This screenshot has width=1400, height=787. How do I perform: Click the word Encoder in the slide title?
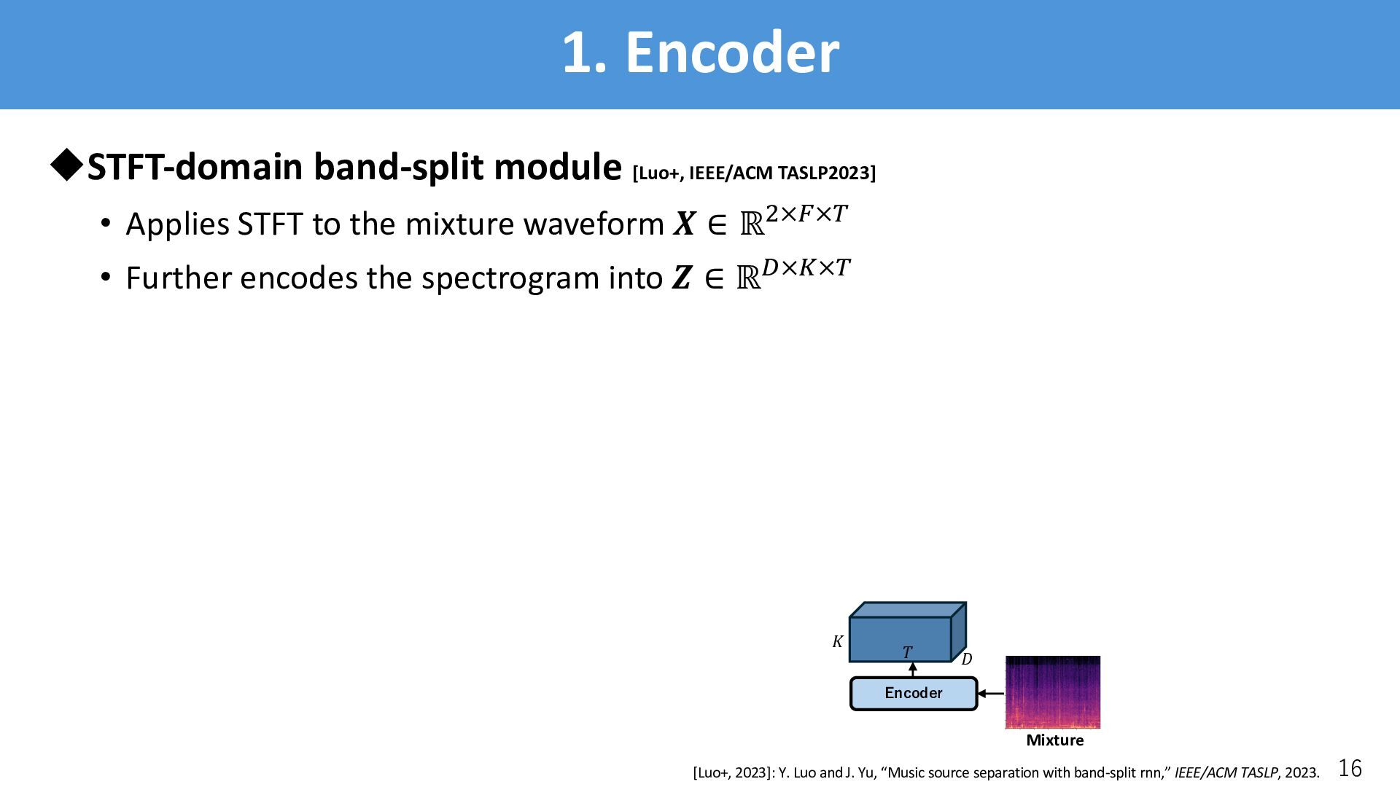point(732,52)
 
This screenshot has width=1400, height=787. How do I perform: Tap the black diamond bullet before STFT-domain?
point(66,165)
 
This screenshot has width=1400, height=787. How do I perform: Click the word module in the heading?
point(559,167)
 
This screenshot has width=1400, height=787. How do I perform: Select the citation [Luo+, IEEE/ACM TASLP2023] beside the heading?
point(754,173)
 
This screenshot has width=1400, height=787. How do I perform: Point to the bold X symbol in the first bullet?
point(684,224)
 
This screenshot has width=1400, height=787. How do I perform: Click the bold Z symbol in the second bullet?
point(681,279)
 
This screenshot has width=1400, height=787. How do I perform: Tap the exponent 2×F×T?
point(806,214)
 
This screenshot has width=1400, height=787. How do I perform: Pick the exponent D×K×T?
point(806,268)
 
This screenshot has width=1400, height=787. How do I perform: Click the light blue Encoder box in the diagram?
point(913,693)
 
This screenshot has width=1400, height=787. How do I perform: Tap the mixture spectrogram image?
point(1052,692)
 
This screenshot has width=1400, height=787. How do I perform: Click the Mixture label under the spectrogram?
point(1054,740)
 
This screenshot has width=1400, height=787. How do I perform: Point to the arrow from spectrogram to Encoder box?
point(991,694)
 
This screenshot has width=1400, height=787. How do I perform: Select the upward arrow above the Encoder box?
point(912,670)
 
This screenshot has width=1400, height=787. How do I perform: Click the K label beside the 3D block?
point(838,642)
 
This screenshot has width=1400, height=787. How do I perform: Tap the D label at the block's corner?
point(966,659)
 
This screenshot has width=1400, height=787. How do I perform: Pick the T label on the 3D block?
point(907,653)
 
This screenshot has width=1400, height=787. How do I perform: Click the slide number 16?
point(1350,768)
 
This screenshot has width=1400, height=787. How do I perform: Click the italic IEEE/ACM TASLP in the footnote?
point(1226,773)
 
